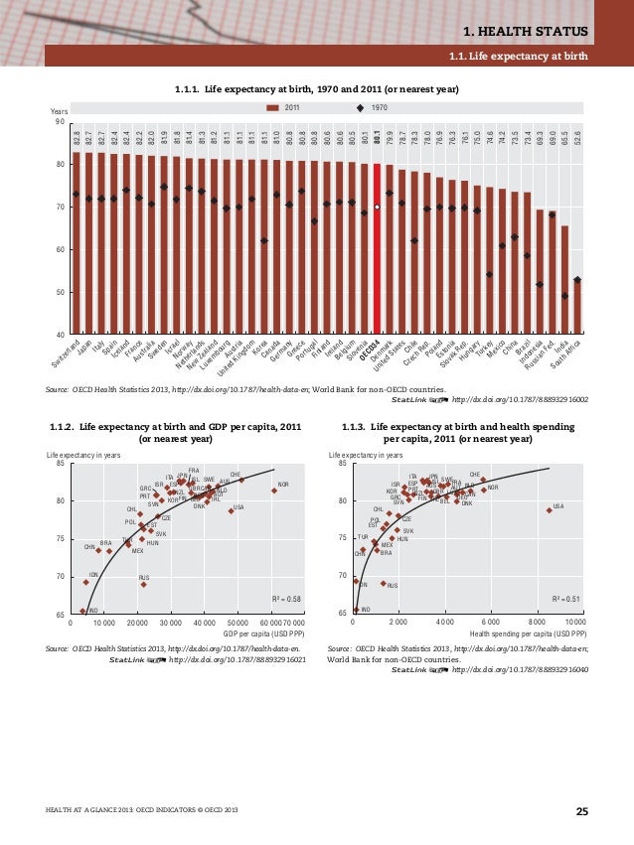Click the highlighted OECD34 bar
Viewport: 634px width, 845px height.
(x=378, y=248)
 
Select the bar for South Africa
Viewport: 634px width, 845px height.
(x=577, y=308)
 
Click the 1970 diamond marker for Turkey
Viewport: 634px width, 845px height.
(x=490, y=274)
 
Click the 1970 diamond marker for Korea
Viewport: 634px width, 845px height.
(x=264, y=240)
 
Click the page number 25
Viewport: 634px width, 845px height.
(x=581, y=813)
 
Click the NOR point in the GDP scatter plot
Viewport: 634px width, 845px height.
(x=274, y=491)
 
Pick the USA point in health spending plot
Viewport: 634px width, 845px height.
(x=549, y=510)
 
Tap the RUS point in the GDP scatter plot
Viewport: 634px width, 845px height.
(x=143, y=585)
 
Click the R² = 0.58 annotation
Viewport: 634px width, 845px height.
(x=287, y=600)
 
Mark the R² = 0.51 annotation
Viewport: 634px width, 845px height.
(x=568, y=600)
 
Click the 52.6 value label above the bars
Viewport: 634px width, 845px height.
(x=577, y=134)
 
